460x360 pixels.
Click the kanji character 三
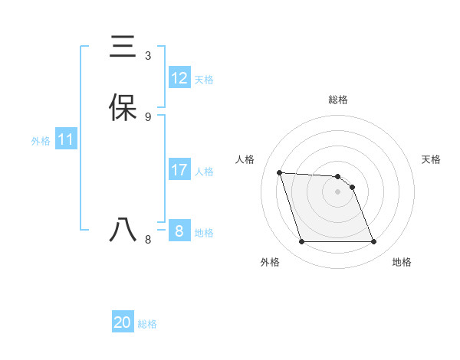click(x=123, y=47)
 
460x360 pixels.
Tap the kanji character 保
click(x=123, y=108)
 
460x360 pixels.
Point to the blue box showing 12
click(x=179, y=78)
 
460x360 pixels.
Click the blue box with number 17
click(x=179, y=170)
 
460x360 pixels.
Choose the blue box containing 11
click(x=66, y=140)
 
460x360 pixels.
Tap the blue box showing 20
click(x=123, y=322)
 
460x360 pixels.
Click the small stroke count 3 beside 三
click(x=148, y=55)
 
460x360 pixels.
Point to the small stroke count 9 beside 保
click(x=148, y=116)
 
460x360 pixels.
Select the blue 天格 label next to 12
click(x=204, y=80)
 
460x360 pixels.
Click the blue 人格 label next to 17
click(x=204, y=172)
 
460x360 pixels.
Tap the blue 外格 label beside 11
click(x=41, y=141)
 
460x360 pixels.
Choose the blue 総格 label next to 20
click(x=147, y=324)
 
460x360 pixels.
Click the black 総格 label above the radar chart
click(x=338, y=100)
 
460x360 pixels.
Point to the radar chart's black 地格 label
click(x=402, y=262)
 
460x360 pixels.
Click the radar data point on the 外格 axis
click(x=301, y=242)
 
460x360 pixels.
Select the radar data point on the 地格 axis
click(x=373, y=242)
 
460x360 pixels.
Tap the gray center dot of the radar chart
click(x=337, y=191)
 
